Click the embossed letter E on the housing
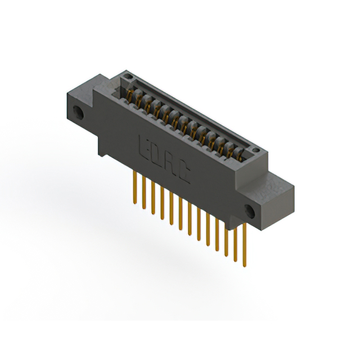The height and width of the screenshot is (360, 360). [x=143, y=145]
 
